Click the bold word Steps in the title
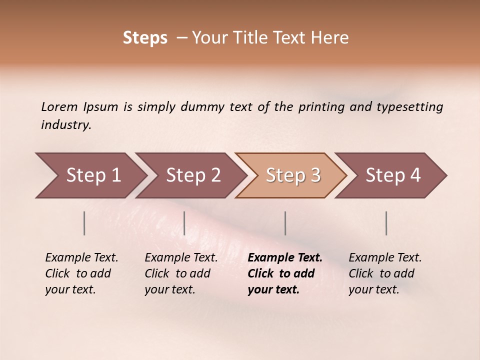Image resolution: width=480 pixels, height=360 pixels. pyautogui.click(x=145, y=38)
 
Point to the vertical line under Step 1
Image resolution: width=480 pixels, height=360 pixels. pyautogui.click(x=84, y=223)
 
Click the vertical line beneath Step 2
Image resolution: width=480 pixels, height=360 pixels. pyautogui.click(x=184, y=223)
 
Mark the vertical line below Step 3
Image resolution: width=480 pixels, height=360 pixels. pyautogui.click(x=285, y=223)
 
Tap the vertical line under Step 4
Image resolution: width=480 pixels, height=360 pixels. pyautogui.click(x=386, y=223)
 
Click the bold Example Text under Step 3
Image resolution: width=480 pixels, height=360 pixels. pyautogui.click(x=285, y=257)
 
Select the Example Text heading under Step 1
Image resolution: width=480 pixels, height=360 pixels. pyautogui.click(x=81, y=257)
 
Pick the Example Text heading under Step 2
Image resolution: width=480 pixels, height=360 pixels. pyautogui.click(x=181, y=257)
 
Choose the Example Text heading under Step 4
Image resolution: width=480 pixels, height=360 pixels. pyautogui.click(x=385, y=257)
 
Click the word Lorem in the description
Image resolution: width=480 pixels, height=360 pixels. pyautogui.click(x=59, y=106)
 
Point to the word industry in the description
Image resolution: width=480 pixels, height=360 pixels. pyautogui.click(x=66, y=125)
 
